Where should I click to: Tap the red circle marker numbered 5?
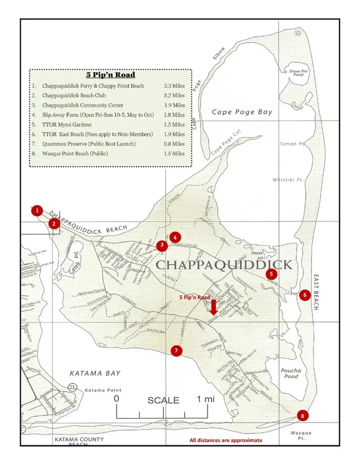(272, 274)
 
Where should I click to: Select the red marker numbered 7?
(176, 351)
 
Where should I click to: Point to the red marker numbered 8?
(302, 415)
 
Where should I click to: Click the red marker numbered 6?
(305, 295)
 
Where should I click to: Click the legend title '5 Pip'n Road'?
(111, 75)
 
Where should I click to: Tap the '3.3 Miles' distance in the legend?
(174, 86)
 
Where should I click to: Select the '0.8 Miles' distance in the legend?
(174, 144)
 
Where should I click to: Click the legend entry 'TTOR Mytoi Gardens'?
(67, 125)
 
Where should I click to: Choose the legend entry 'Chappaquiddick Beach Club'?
(74, 95)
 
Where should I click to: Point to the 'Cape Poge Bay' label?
(242, 112)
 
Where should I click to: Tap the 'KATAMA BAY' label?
(95, 373)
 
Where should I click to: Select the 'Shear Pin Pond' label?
(298, 73)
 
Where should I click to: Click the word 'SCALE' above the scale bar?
(163, 400)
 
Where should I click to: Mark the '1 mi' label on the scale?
(206, 399)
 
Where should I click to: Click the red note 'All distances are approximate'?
(226, 441)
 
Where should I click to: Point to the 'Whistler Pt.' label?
(288, 180)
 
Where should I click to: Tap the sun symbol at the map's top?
(298, 32)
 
